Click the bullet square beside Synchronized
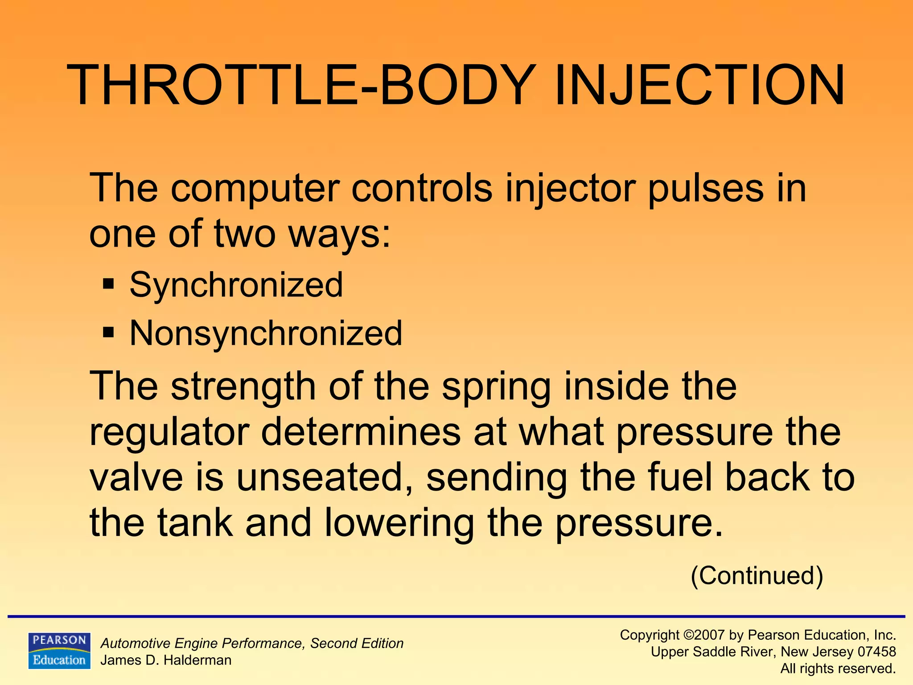(x=108, y=284)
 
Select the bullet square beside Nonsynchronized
(x=108, y=333)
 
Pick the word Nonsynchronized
(x=266, y=333)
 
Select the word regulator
(x=169, y=433)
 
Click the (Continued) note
(x=757, y=575)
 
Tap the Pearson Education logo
(x=59, y=650)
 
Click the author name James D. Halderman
(x=166, y=660)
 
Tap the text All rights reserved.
(x=838, y=668)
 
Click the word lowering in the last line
(x=399, y=524)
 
